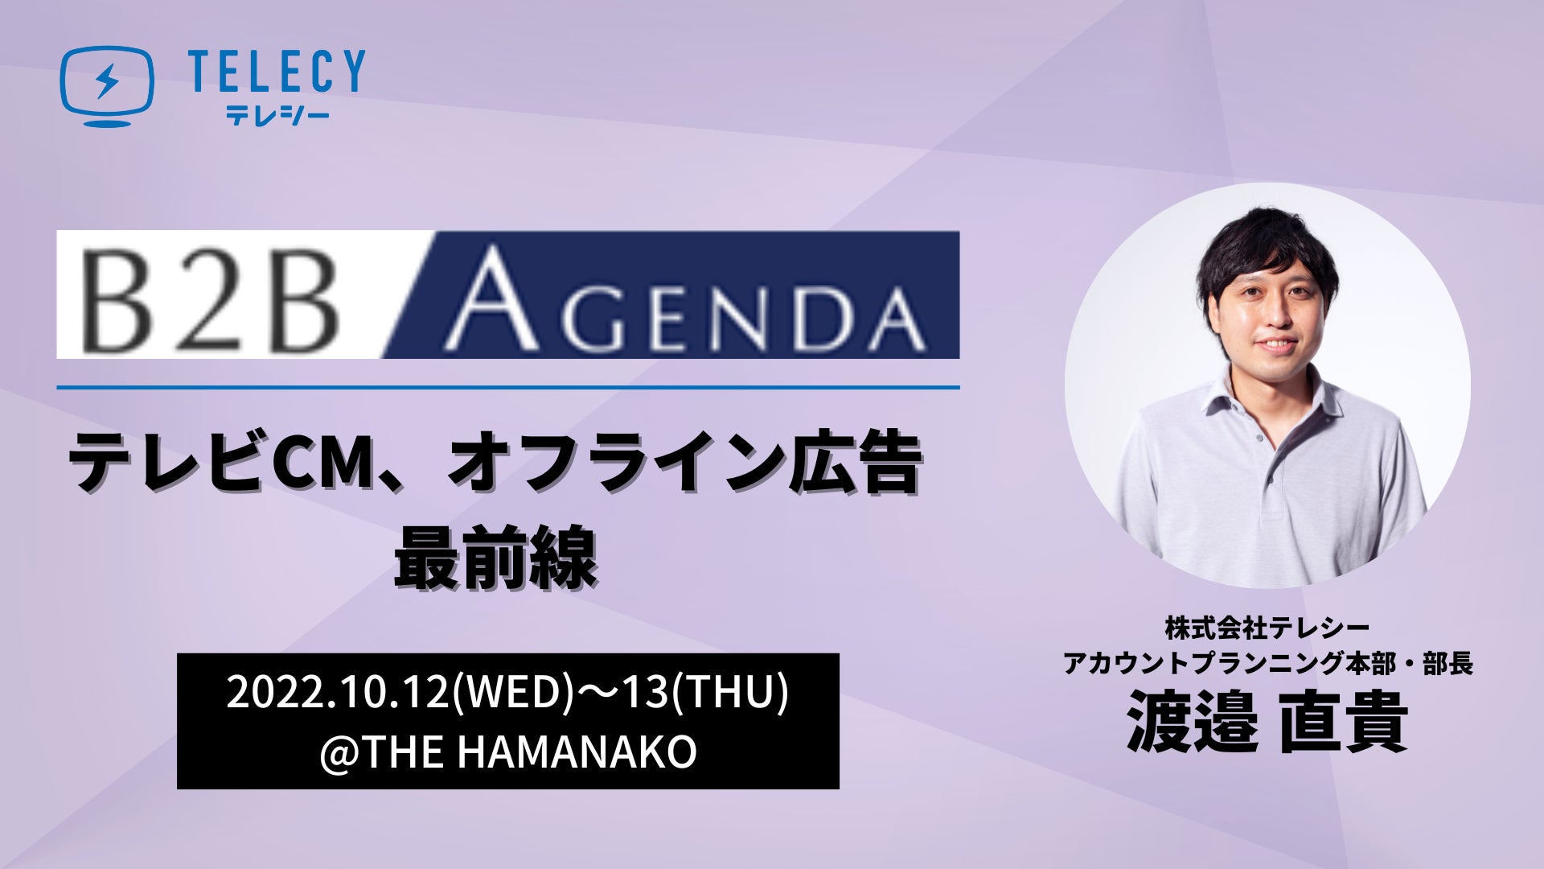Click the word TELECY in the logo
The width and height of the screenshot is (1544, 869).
pos(276,71)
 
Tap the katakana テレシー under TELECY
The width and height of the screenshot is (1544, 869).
pos(277,116)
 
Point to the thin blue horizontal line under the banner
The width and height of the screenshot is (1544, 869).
pos(508,387)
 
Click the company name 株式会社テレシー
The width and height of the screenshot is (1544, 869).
pos(1267,626)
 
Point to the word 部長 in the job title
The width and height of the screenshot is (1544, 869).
pos(1447,665)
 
